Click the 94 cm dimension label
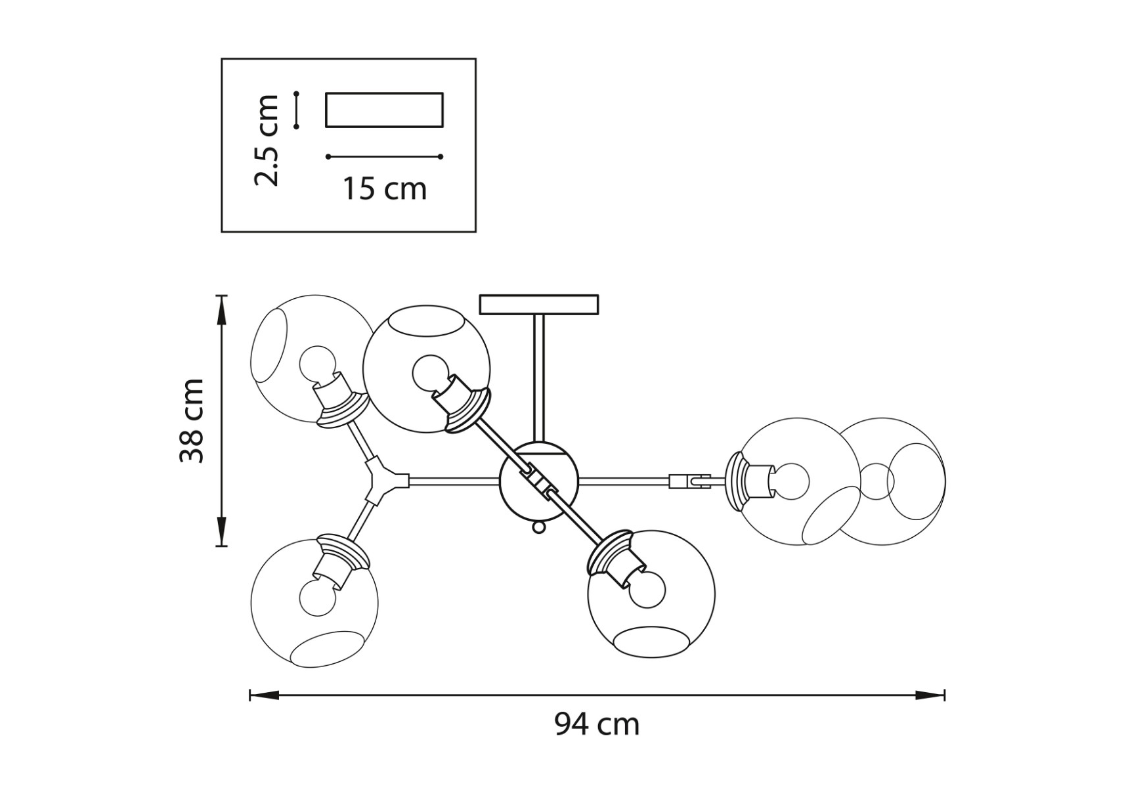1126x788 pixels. (x=596, y=725)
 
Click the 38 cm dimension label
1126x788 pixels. (x=192, y=420)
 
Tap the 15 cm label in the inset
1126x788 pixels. (x=384, y=189)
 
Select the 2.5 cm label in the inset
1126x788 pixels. (x=267, y=140)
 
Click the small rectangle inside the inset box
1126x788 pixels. (x=384, y=110)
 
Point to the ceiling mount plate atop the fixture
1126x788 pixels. (x=538, y=305)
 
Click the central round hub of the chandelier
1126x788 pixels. (x=538, y=481)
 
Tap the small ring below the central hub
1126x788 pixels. (x=538, y=527)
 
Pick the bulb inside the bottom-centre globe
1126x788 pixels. (x=647, y=589)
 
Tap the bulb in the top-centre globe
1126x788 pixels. (x=430, y=373)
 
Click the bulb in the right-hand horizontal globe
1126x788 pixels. (x=790, y=481)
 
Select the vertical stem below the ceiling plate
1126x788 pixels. (x=538, y=378)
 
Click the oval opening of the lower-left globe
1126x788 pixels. (x=326, y=649)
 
